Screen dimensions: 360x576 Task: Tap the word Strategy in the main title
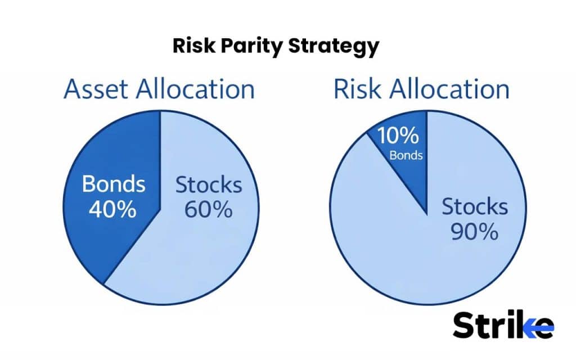[333, 46]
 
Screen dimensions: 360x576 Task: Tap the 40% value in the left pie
[113, 209]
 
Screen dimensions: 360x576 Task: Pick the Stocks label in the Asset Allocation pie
[209, 184]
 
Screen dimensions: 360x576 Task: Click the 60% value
[209, 209]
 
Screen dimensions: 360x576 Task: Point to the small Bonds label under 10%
[406, 155]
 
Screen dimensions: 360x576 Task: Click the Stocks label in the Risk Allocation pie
[474, 207]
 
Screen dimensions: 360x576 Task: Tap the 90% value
[474, 232]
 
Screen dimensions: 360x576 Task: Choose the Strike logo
[502, 326]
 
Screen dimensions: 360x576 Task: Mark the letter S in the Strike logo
[465, 326]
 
